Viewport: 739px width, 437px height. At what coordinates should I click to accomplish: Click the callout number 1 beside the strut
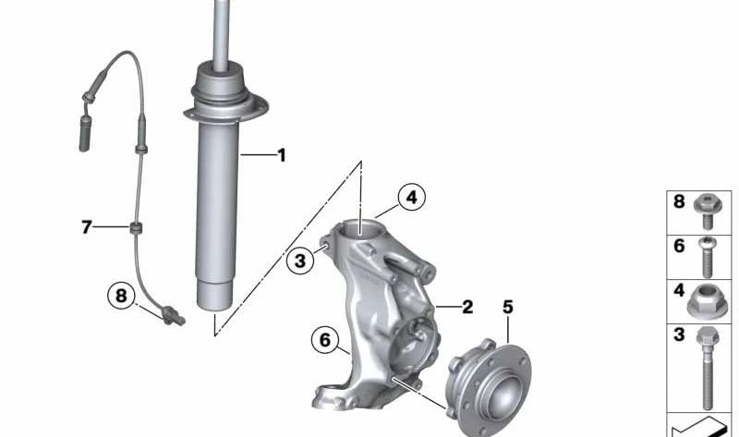281,155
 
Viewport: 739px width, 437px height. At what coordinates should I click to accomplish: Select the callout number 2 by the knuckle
467,307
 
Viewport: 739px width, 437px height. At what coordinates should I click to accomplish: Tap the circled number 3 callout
299,261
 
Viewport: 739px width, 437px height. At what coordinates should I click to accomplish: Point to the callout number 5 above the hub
507,306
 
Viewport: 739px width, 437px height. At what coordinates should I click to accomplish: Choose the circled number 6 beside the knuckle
324,340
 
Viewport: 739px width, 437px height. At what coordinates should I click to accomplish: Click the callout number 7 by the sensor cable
87,226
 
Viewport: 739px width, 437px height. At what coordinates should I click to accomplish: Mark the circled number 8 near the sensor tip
120,296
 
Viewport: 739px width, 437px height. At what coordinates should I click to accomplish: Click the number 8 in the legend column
679,201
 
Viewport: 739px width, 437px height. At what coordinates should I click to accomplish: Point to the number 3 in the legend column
679,335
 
